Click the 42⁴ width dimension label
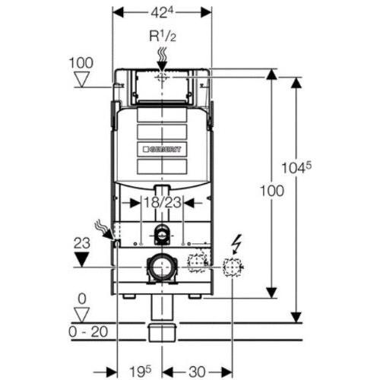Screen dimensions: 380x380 tap(162, 12)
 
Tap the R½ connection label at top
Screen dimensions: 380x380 tap(162, 36)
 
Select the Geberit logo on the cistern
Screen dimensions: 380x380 tap(162, 149)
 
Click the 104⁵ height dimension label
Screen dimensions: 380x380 tap(296, 168)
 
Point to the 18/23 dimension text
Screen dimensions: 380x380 tap(162, 203)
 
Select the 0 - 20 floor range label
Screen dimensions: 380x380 tap(88, 331)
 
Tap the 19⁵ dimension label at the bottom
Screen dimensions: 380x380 tap(140, 372)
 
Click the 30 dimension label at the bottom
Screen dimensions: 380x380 tap(197, 372)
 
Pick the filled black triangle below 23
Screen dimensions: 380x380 tap(81, 259)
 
